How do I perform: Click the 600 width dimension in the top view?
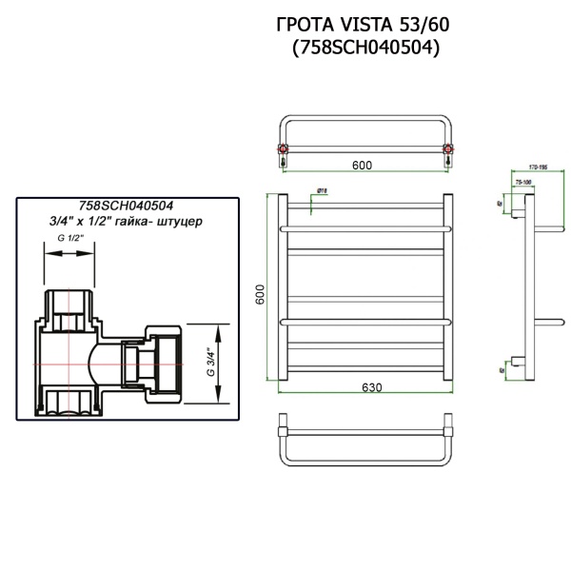pyautogui.click(x=362, y=166)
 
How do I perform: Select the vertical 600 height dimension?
pyautogui.click(x=260, y=294)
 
